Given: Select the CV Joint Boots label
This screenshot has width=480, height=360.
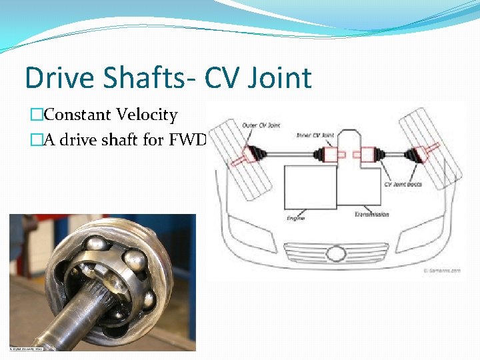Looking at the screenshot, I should (404, 183).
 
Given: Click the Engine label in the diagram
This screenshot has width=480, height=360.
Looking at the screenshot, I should (295, 218).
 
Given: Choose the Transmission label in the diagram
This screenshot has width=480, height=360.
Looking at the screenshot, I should (372, 214).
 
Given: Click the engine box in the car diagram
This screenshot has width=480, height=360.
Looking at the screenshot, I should (309, 187).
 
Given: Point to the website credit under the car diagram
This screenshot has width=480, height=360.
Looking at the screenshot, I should (441, 271).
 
